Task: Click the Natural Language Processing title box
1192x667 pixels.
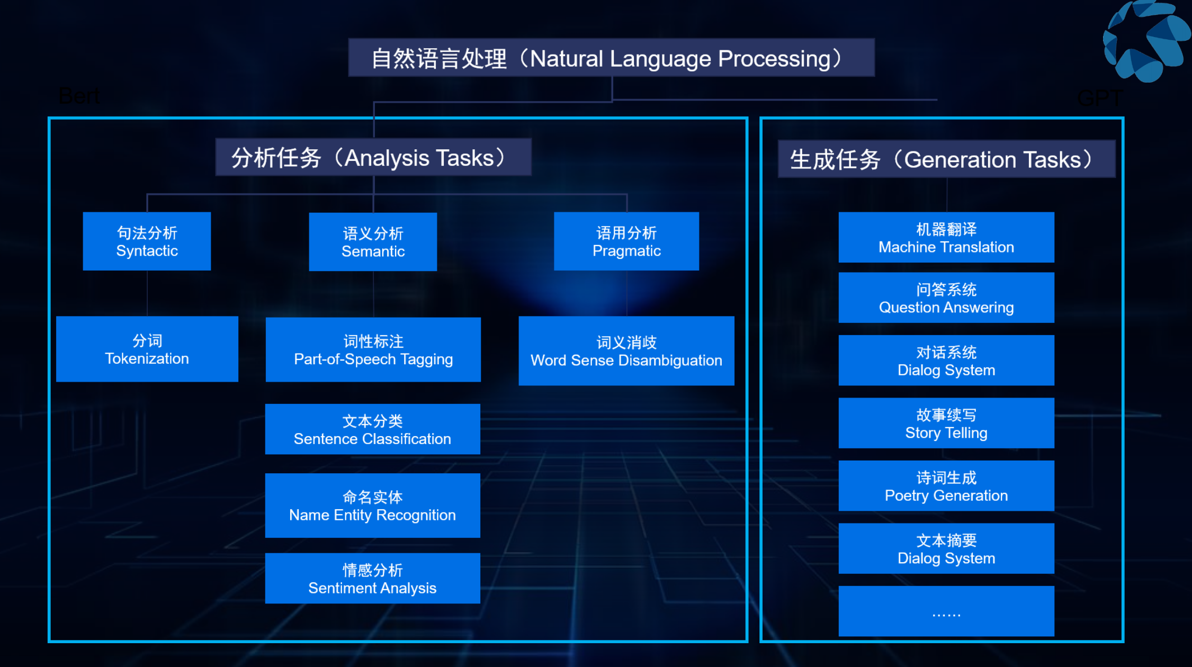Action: (611, 58)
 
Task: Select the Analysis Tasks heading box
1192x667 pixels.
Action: (373, 157)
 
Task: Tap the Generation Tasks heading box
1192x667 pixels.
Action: (946, 159)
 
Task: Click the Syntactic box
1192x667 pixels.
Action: (147, 241)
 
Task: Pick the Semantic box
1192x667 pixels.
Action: (373, 242)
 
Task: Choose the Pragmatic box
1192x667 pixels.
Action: (626, 241)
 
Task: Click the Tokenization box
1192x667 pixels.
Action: (147, 349)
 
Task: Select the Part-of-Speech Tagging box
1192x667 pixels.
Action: (373, 350)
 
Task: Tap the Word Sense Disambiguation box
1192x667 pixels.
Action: (626, 351)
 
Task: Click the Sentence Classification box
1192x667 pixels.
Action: (372, 429)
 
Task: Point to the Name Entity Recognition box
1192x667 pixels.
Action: (372, 506)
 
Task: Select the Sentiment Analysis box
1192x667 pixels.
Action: (372, 579)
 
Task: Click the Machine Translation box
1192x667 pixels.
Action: (946, 238)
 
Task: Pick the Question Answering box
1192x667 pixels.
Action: (946, 298)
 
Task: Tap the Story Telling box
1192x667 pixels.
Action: (946, 423)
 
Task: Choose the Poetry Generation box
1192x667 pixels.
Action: (946, 486)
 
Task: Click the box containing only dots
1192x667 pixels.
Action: (946, 611)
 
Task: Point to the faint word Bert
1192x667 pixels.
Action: (79, 96)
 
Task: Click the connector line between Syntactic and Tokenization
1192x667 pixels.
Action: (147, 294)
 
